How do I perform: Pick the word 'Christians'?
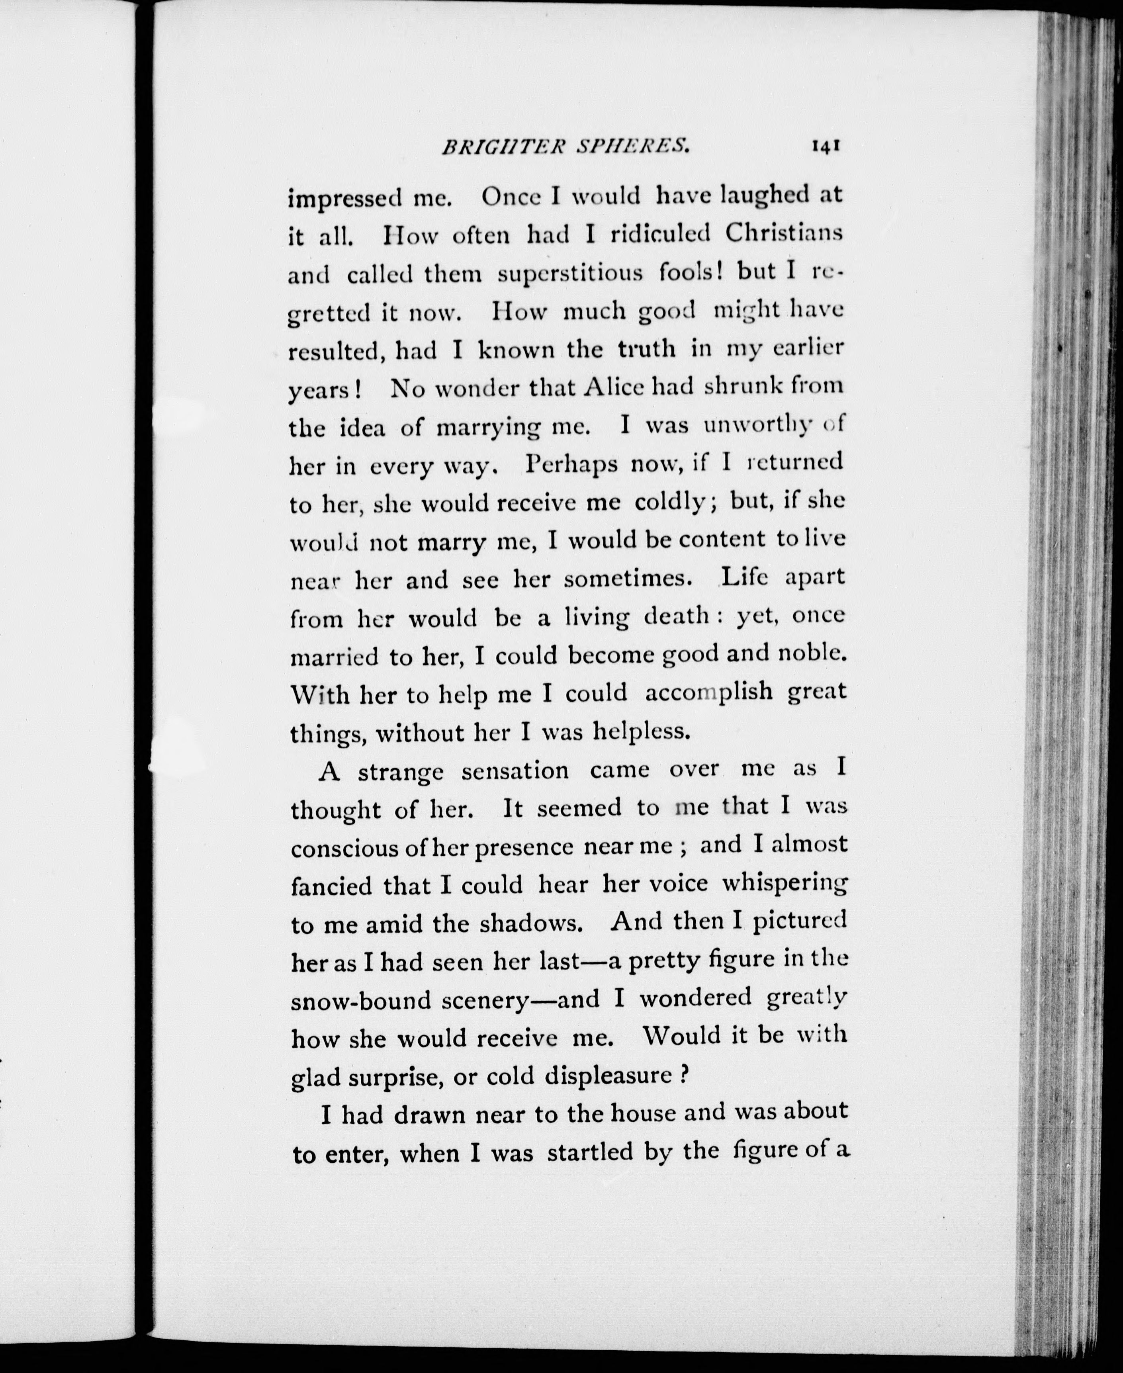coord(783,233)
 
